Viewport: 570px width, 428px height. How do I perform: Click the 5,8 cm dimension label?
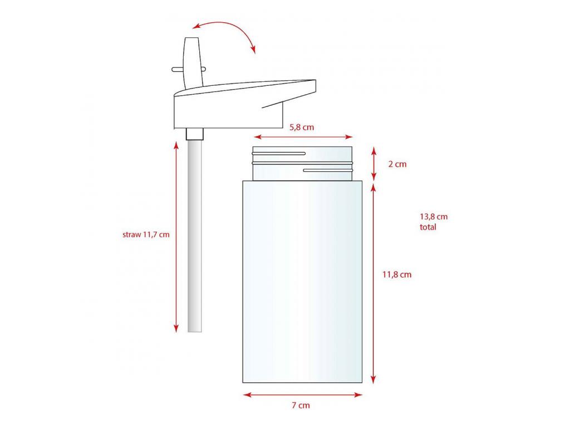(301, 128)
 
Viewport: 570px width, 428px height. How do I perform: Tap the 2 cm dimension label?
(397, 164)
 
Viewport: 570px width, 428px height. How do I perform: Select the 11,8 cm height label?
(397, 274)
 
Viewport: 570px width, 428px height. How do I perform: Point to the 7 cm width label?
(301, 405)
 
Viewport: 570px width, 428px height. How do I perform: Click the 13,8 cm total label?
(434, 222)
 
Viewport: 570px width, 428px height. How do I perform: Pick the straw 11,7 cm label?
(146, 235)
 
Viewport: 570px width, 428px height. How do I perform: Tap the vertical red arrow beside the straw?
(176, 237)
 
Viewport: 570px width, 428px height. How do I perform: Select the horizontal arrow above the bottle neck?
(303, 137)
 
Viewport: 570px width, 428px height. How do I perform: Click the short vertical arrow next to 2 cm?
(374, 164)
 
